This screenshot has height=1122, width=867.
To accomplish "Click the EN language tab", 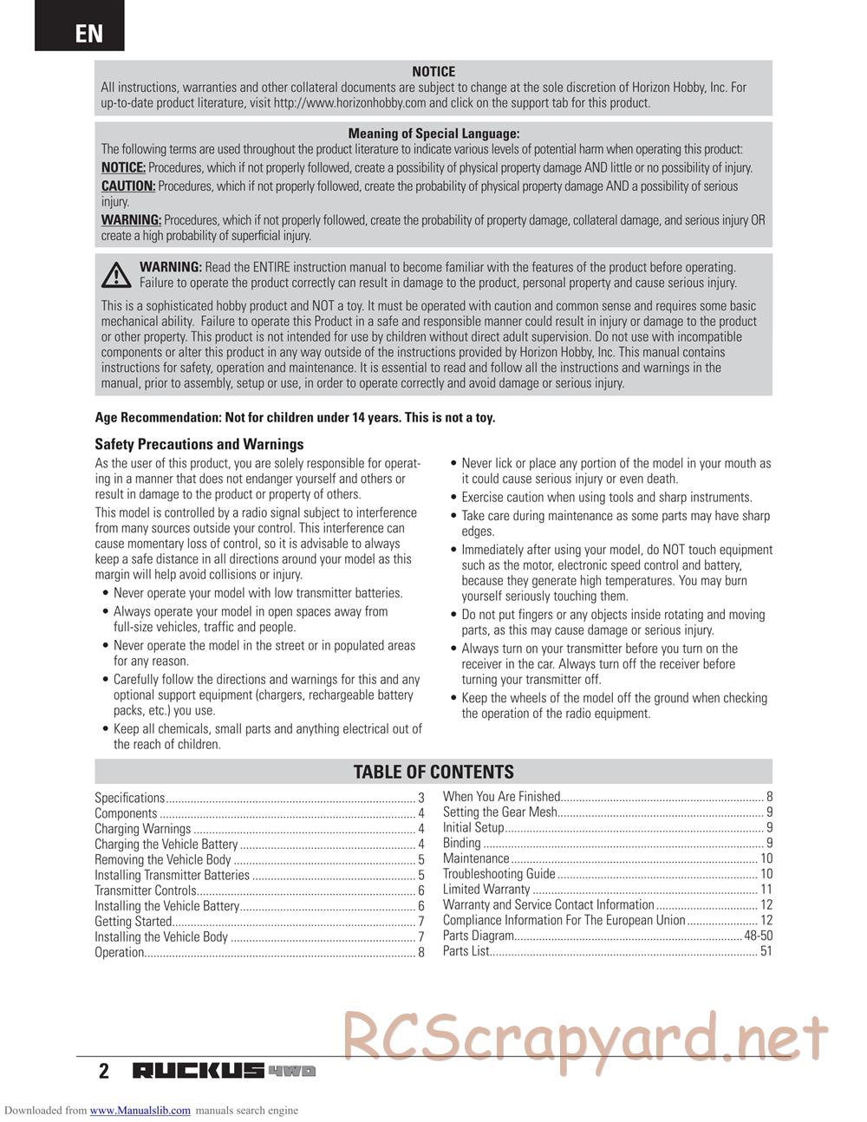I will coord(88,33).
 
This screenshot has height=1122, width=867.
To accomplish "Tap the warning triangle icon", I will coord(115,275).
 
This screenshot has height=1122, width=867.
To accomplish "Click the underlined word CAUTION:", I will coord(128,186).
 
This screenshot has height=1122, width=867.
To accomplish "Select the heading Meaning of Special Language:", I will coord(433,134).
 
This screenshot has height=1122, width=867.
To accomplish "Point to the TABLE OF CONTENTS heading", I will coord(433,772).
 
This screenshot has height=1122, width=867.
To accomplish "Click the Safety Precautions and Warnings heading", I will coord(199,444).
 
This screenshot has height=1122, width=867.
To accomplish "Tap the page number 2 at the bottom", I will coord(104,1071).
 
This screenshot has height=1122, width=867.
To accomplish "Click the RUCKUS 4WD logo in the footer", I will coord(224,1071).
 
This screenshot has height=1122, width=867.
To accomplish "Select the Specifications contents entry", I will coord(129,798).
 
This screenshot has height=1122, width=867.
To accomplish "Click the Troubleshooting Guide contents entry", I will coord(499,874).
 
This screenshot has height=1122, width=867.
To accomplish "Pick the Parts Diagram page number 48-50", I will coord(758,936).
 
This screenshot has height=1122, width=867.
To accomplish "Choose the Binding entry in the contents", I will coord(461,843).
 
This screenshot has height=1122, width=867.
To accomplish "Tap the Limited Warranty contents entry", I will coord(486,890).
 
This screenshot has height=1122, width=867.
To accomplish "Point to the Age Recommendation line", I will coord(295,417).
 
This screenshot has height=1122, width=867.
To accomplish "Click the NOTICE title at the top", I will coord(433,72).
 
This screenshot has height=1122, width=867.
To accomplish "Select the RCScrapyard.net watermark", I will coord(585,1036).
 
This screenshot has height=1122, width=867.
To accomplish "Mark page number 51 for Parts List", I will coord(766,951).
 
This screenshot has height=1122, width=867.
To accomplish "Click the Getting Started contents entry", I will coord(133,922).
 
